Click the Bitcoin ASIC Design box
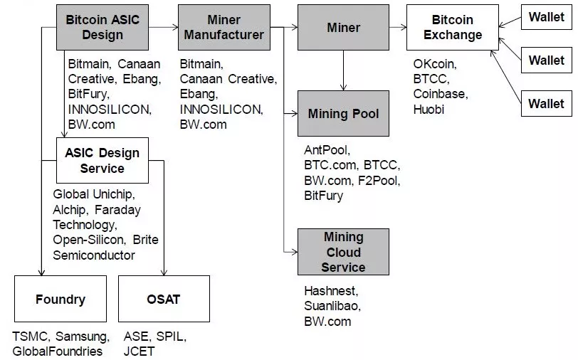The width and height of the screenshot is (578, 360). tap(103, 27)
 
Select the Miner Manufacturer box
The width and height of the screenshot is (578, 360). tap(224, 27)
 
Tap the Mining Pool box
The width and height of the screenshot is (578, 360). tap(343, 113)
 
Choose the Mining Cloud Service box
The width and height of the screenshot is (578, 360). tap(343, 252)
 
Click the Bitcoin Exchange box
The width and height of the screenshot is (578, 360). tap(453, 27)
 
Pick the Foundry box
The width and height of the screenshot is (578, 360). tap(60, 299)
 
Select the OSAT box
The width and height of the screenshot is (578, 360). tap(164, 299)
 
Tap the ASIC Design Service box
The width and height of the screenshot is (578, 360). tap(103, 161)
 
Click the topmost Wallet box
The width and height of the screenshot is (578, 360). tap(546, 18)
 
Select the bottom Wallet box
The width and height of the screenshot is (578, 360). tap(546, 104)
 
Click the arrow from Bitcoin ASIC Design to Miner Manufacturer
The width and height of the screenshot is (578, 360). tap(163, 28)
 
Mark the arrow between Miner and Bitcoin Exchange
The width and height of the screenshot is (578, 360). tap(398, 28)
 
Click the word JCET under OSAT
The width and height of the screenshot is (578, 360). tap(139, 351)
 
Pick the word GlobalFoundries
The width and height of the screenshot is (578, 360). tap(57, 351)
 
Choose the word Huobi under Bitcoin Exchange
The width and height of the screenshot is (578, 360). tap(429, 110)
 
